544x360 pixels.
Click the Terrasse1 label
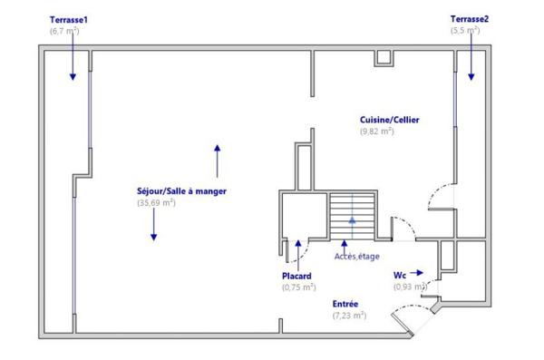[x=68, y=19]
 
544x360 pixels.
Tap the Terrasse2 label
[x=470, y=19]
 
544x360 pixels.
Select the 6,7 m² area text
[x=64, y=31]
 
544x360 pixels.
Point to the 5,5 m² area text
[x=465, y=31]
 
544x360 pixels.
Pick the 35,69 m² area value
[x=156, y=203]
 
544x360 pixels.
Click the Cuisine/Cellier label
[x=390, y=120]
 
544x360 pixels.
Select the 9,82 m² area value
[x=376, y=131]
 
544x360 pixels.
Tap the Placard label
[x=297, y=276]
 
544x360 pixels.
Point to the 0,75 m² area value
[x=298, y=287]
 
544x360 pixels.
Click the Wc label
[x=399, y=274]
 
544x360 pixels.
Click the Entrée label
[x=345, y=304]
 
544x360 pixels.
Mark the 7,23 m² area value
[x=349, y=316]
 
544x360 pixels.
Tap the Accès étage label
[x=356, y=257]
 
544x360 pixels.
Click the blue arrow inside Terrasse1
[x=73, y=68]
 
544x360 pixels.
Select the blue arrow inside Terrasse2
[x=471, y=68]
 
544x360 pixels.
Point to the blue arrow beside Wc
[x=416, y=272]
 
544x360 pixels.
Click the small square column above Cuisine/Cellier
[x=384, y=57]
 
